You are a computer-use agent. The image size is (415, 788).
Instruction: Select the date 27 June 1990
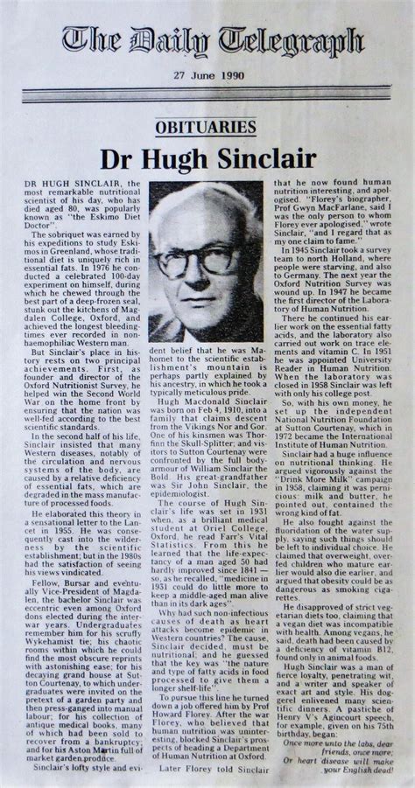coord(208,77)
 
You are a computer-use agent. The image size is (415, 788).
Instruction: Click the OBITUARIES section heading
coord(207,126)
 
